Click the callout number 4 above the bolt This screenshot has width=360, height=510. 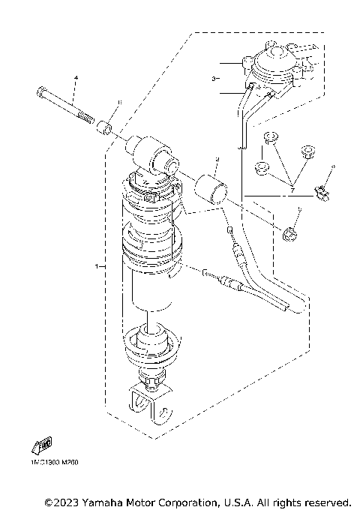76,78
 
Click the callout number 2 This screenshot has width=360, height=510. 216,160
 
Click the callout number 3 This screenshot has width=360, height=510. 214,78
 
